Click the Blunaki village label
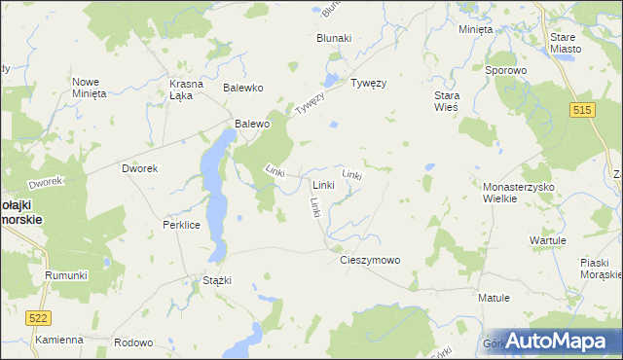click(x=334, y=38)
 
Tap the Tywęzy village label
click(x=369, y=83)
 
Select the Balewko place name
click(x=244, y=88)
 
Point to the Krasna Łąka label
click(x=186, y=89)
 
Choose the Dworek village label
click(x=139, y=168)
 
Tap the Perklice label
click(x=181, y=224)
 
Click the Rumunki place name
click(x=66, y=275)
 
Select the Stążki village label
click(x=216, y=280)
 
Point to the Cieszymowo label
click(x=370, y=260)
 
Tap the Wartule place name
click(x=547, y=239)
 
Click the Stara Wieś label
click(x=446, y=101)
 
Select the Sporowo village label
click(x=506, y=70)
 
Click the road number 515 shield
click(x=583, y=112)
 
